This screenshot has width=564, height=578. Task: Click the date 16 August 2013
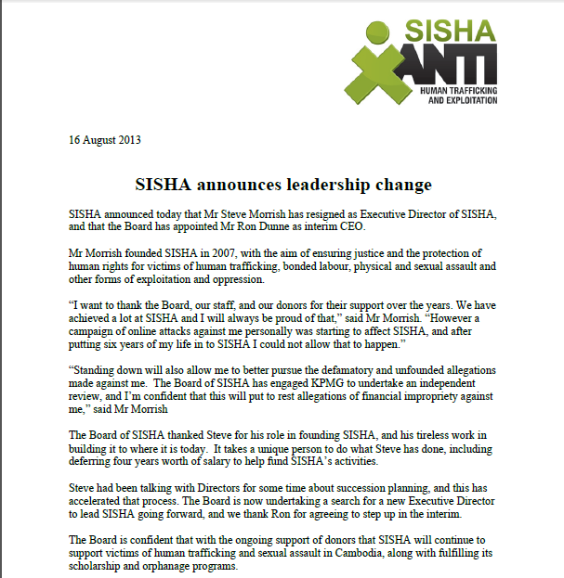105,142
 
